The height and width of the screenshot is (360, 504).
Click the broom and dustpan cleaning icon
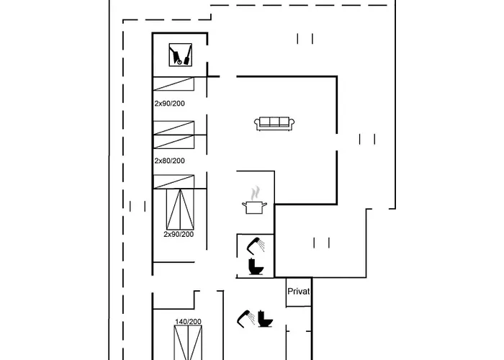coord(180,55)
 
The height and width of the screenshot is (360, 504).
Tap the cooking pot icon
coord(255,207)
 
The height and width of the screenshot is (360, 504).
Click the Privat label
coord(299,291)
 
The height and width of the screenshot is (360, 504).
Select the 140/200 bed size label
coord(188,322)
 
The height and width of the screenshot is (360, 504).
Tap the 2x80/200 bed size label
coord(169,161)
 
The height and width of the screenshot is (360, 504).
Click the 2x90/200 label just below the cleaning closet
coord(169,104)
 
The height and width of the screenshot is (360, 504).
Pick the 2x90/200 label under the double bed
coord(179,234)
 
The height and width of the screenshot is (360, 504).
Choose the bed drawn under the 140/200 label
coord(188,343)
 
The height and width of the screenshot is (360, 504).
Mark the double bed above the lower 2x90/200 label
coord(179,209)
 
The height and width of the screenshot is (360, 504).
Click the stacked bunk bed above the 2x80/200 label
coord(174,135)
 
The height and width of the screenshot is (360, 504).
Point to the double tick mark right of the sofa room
coord(367,139)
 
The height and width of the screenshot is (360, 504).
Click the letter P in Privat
coord(290,291)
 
